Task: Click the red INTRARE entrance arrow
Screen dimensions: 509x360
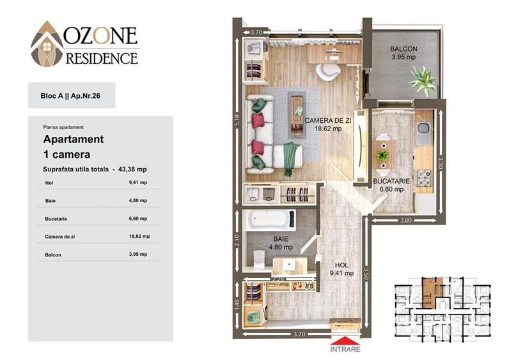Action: [345, 341]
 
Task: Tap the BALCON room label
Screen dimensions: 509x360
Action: [403, 49]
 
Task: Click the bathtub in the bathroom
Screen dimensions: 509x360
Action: [270, 219]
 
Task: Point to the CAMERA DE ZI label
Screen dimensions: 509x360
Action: [328, 120]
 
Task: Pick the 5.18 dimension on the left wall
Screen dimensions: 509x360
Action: [237, 121]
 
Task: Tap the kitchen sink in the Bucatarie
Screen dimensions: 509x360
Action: [423, 133]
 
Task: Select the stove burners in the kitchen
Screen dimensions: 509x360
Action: [423, 178]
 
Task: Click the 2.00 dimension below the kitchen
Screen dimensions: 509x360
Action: [406, 221]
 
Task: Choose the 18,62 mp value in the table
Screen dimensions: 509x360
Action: [139, 237]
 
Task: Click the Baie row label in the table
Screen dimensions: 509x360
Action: [51, 201]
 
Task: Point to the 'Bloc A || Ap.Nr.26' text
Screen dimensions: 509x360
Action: [70, 96]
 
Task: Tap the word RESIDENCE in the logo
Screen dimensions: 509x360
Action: [102, 58]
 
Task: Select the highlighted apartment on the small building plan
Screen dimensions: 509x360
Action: [430, 292]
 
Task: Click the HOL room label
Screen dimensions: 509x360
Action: [341, 265]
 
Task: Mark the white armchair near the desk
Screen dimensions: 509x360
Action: [328, 72]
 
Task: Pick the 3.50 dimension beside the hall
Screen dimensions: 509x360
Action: [366, 274]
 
